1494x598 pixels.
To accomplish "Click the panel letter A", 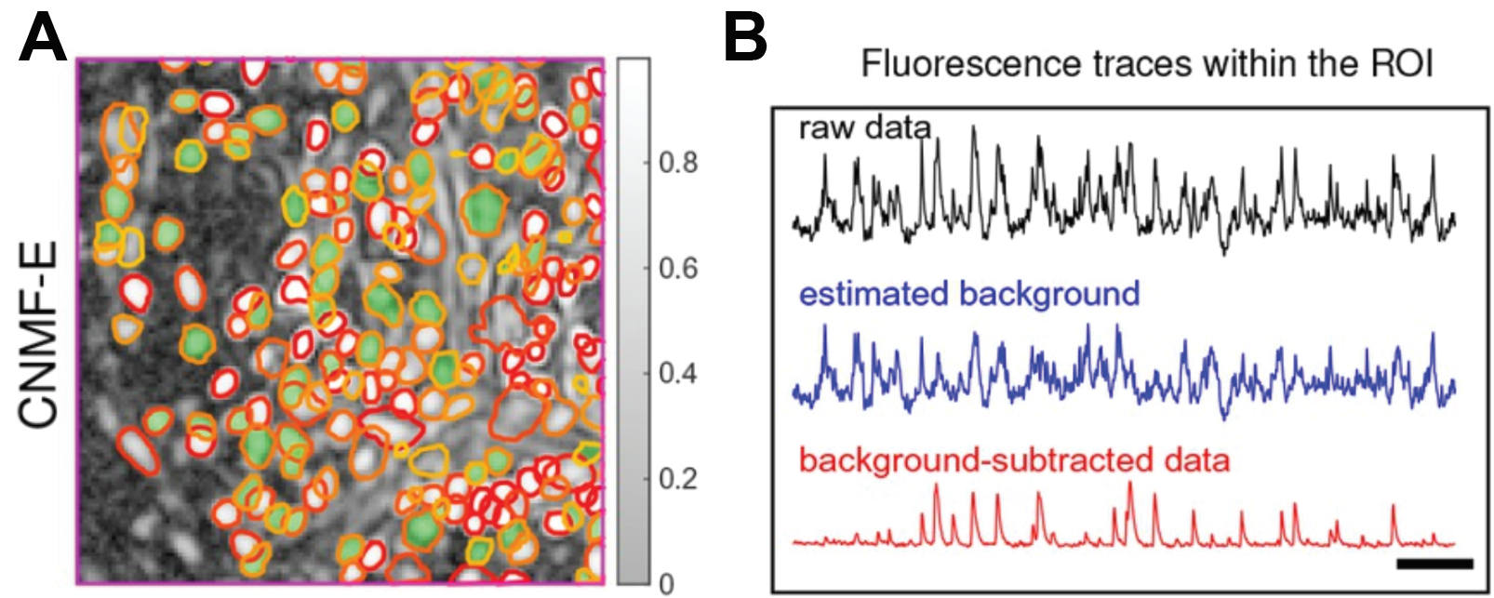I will (x=43, y=39).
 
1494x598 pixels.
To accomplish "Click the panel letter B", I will (x=745, y=39).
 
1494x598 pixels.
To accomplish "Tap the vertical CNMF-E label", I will (x=39, y=336).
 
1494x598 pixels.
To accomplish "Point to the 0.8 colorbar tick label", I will (x=678, y=164).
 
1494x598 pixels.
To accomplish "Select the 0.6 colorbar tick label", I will (x=678, y=269).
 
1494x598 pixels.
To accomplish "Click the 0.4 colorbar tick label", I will (x=678, y=374).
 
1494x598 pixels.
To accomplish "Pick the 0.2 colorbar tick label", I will (x=678, y=479).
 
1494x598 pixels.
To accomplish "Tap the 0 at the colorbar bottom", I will (x=666, y=584).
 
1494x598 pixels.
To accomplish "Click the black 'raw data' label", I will (x=864, y=128).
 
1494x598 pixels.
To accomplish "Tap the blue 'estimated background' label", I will (x=969, y=294).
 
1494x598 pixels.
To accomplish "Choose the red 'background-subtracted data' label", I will (x=1014, y=460).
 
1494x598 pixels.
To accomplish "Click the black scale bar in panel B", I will (x=1434, y=563).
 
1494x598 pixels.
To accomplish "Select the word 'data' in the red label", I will (x=1196, y=460).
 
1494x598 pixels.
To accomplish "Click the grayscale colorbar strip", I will (x=633, y=321).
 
